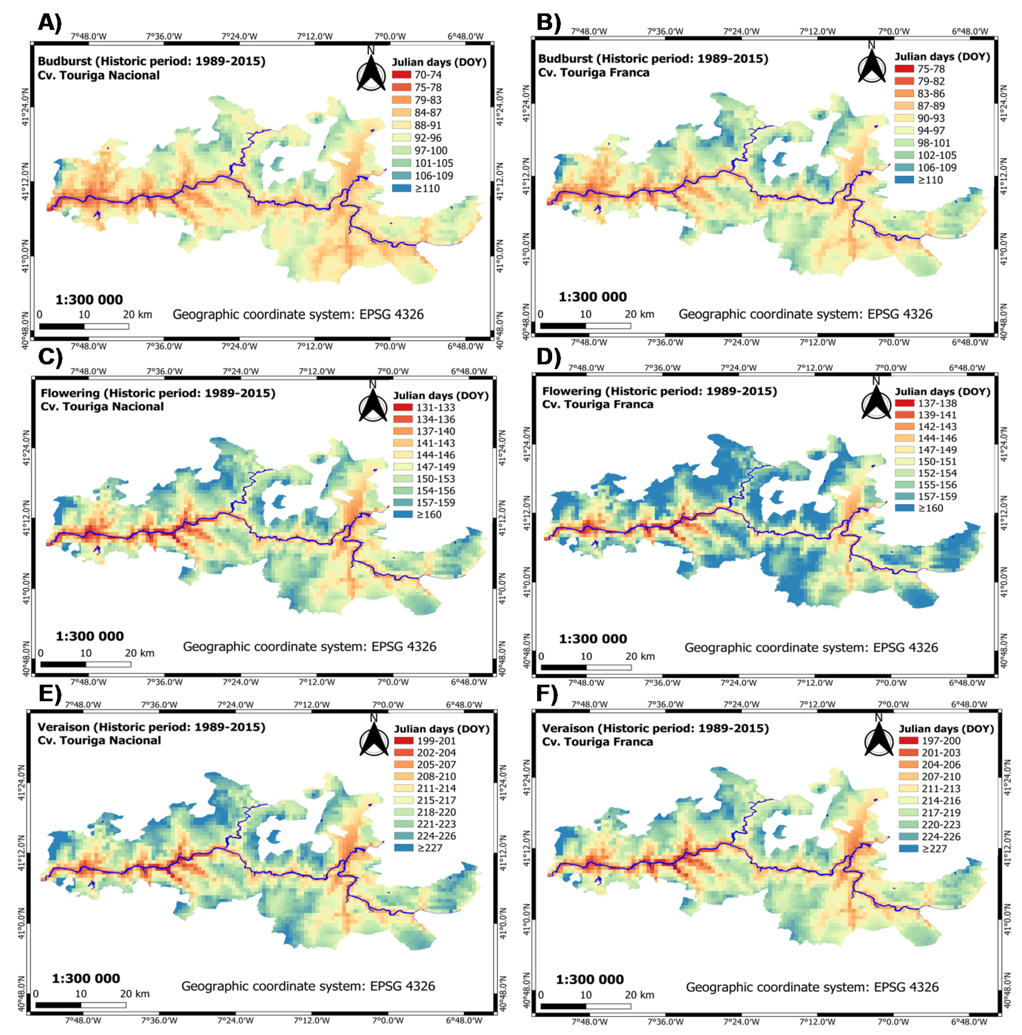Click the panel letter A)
point(50,22)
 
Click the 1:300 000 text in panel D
point(593,639)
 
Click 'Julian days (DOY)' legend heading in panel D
point(942,391)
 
